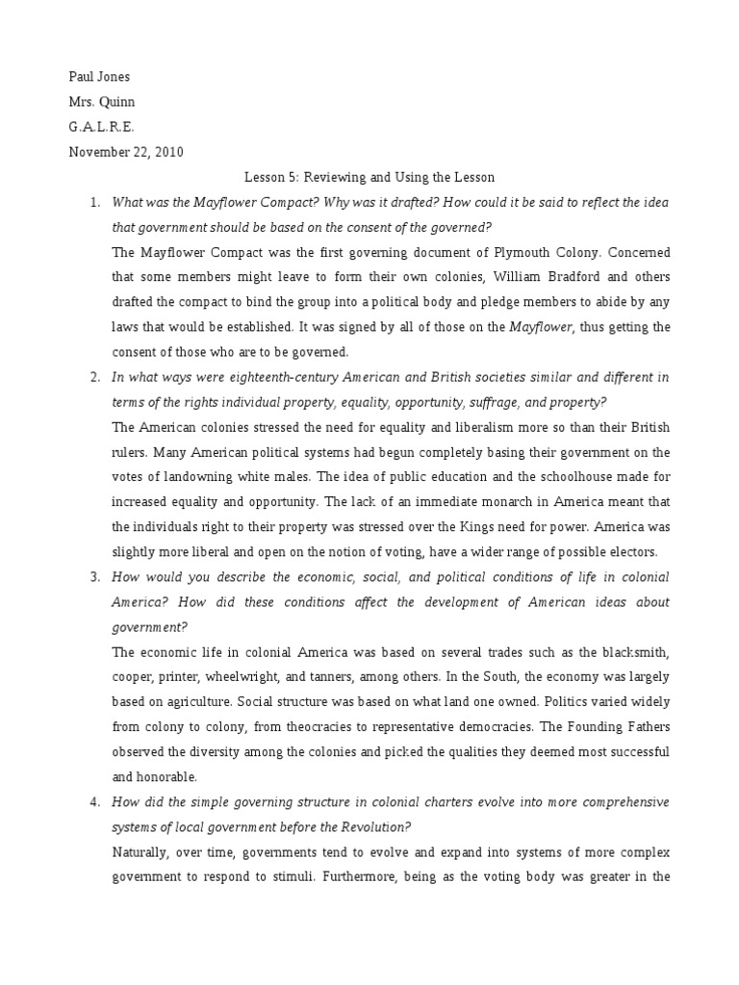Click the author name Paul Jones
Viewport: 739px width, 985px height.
(x=98, y=76)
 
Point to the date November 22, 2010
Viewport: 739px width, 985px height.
(x=126, y=151)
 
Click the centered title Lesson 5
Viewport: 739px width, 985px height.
(x=369, y=177)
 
